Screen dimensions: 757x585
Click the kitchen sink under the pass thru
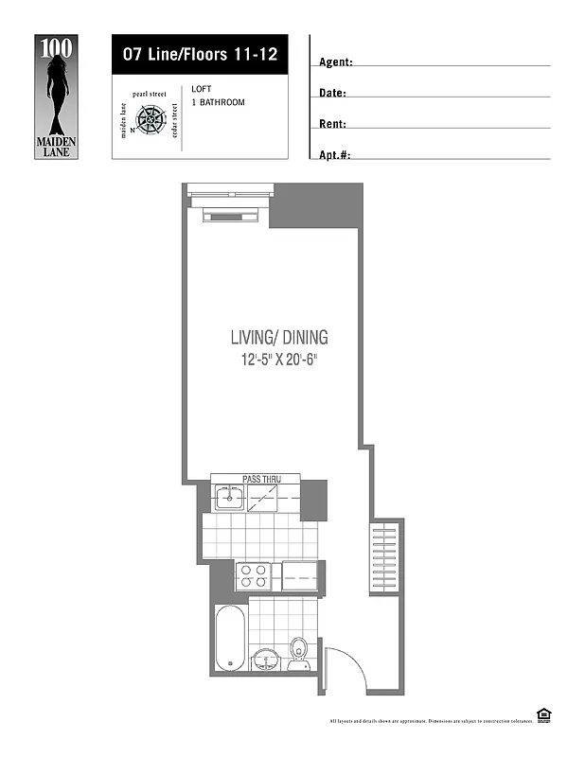tap(229, 497)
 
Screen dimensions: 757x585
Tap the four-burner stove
tap(253, 575)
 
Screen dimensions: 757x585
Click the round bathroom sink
tap(266, 658)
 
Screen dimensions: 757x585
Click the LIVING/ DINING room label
tap(279, 338)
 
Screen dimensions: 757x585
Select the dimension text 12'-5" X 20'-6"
tap(279, 361)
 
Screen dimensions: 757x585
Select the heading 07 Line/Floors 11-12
tap(200, 54)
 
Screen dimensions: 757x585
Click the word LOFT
tap(201, 89)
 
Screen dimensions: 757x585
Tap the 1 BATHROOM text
tap(218, 102)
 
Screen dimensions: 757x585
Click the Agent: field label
tap(336, 62)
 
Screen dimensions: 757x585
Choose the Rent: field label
tap(332, 124)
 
